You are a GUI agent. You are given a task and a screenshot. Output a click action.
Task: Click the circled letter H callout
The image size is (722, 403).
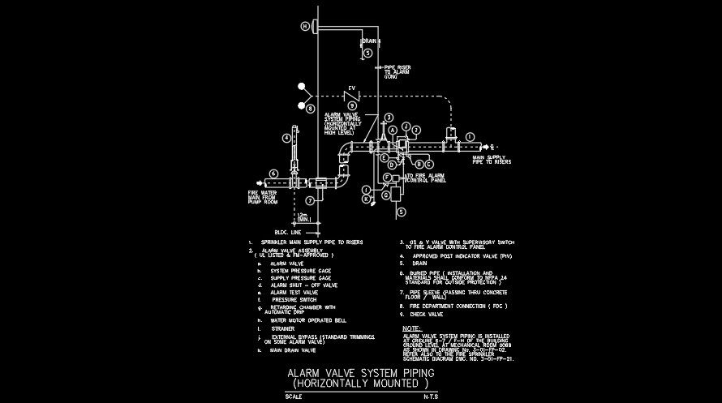tap(306, 26)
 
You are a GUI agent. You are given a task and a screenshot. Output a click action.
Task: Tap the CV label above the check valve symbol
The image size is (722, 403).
tap(352, 88)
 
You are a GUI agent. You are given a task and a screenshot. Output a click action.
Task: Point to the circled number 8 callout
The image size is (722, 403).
tap(308, 106)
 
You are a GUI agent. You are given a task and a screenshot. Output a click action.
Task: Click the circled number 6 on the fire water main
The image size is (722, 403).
tap(274, 173)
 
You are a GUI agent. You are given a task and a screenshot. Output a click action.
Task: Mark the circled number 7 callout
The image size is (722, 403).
tap(309, 199)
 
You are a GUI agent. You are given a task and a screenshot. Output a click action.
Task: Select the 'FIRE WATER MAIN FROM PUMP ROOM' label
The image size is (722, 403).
tap(263, 197)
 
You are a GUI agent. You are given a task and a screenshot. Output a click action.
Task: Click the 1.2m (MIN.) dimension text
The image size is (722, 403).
tap(302, 217)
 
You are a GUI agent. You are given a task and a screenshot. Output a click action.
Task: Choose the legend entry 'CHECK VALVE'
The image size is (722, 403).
tap(426, 314)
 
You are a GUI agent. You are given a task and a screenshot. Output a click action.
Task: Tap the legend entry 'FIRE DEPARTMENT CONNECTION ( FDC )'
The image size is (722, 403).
tap(455, 306)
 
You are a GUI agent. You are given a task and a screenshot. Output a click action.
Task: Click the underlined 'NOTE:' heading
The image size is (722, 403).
tap(412, 328)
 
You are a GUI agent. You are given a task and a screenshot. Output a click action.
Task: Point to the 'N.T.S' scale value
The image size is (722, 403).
tap(431, 397)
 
